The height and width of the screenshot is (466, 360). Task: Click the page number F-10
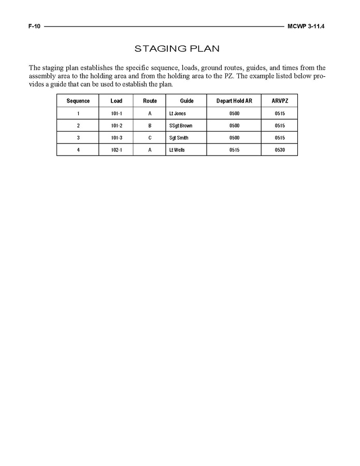coord(34,26)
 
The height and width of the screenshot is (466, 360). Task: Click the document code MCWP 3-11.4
coord(309,26)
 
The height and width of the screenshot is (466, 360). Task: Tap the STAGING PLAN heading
coord(177,49)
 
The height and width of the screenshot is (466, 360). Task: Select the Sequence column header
coord(78,101)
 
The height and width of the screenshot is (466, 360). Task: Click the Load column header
coord(116,101)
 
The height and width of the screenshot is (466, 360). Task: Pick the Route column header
coord(150,101)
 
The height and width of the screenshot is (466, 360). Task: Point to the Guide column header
coord(186,101)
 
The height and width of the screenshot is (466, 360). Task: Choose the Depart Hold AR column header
coord(234,101)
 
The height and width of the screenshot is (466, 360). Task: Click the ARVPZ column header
coord(280,101)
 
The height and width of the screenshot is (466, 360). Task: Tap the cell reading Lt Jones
coord(177,114)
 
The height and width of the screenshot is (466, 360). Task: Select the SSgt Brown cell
coord(180,126)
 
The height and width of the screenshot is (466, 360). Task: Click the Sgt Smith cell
coord(179,138)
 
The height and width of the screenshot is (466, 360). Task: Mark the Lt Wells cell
coord(177,150)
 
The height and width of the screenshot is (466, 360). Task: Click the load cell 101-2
coord(116,126)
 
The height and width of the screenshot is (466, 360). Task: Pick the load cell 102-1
coord(116,150)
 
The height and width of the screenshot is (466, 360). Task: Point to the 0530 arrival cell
coord(280,150)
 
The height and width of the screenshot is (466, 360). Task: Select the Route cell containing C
coord(150,138)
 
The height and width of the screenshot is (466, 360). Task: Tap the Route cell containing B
coord(150,126)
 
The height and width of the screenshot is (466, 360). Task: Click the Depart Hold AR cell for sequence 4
coord(234,150)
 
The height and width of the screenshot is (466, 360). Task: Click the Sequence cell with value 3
coord(78,138)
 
